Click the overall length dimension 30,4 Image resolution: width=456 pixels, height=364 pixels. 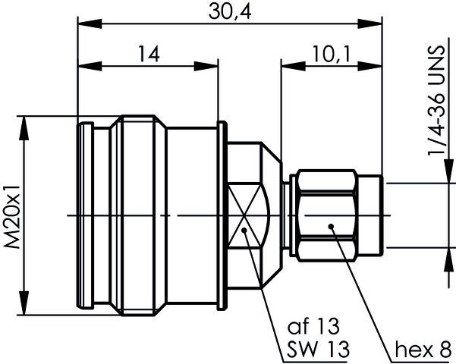[228, 11]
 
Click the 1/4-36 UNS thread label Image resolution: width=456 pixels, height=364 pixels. [438, 109]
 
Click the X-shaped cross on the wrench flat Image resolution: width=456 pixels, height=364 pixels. [247, 215]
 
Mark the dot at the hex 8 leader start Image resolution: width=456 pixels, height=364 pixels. [332, 226]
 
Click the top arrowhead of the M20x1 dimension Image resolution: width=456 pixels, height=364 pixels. [26, 121]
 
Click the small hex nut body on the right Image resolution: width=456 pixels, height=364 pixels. [327, 215]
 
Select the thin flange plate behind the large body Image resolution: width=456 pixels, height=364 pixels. [221, 215]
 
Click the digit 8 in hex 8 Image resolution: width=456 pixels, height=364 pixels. [442, 350]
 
